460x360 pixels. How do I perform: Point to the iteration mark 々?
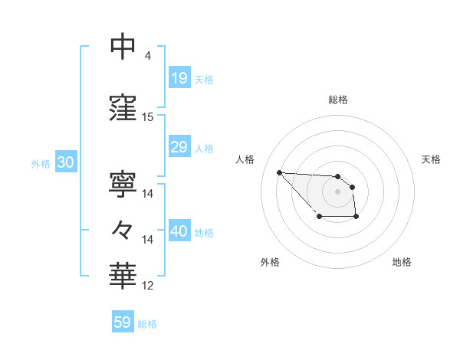(123, 230)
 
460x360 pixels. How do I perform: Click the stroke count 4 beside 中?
(147, 56)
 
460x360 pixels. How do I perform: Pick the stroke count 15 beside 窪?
(148, 117)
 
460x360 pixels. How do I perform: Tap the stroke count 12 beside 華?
(148, 286)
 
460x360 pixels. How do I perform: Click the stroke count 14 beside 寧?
(148, 194)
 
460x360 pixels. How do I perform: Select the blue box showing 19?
(179, 78)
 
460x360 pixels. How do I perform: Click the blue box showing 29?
(179, 147)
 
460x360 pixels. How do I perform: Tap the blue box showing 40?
(179, 231)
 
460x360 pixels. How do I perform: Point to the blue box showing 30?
(65, 162)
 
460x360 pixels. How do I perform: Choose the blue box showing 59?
(123, 322)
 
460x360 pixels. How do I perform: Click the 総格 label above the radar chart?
(337, 100)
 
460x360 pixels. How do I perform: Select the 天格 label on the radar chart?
(432, 159)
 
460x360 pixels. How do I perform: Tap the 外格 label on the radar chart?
(270, 262)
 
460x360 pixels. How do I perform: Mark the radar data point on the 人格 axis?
(280, 172)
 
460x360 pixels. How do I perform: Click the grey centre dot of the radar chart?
(337, 191)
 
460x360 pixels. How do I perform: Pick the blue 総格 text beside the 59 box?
(147, 324)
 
